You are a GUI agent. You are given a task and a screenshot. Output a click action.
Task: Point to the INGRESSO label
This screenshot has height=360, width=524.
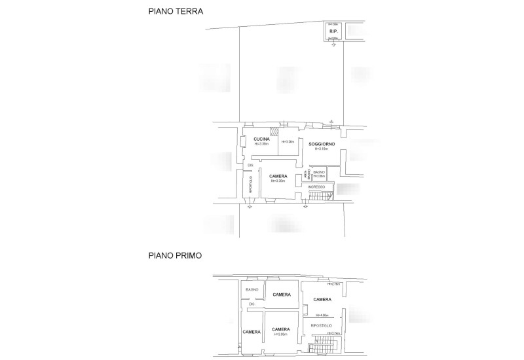(x=316, y=187)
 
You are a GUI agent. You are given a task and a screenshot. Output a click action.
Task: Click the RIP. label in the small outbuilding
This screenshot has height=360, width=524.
(x=333, y=31)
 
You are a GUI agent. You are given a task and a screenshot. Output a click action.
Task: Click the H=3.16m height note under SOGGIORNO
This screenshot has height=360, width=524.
(x=320, y=149)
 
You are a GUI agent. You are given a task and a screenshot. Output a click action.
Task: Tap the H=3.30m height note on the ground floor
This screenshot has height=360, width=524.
(x=277, y=181)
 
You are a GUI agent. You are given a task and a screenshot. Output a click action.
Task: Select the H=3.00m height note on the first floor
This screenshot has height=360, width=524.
(x=281, y=334)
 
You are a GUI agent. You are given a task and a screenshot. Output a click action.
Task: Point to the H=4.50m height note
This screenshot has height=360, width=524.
(x=322, y=315)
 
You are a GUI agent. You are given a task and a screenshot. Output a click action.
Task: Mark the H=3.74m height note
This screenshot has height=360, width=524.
(x=333, y=333)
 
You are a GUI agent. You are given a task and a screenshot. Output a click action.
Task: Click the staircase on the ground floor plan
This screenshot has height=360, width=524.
(x=320, y=196)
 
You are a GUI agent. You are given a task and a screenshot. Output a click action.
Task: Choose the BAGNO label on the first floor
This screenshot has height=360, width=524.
(x=252, y=289)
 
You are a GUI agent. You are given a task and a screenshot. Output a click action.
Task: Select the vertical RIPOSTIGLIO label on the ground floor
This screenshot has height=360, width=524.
(x=250, y=185)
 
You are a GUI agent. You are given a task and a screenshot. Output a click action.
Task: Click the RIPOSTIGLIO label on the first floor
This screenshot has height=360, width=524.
(x=322, y=325)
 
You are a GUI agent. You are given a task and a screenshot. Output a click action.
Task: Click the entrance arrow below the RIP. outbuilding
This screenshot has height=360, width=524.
(x=333, y=45)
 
